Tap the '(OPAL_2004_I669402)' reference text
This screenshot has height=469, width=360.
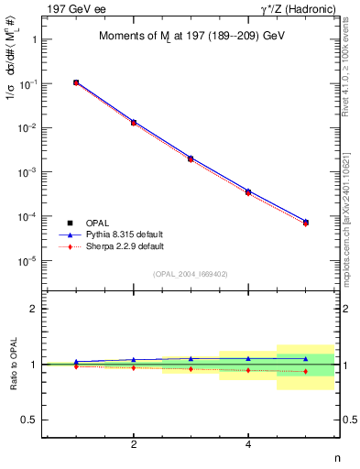click(191, 273)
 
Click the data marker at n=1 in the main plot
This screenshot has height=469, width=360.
click(76, 82)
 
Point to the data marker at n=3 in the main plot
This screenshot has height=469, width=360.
click(191, 158)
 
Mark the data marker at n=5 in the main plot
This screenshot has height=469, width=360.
click(305, 223)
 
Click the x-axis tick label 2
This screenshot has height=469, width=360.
click(134, 444)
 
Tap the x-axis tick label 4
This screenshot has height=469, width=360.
click(248, 444)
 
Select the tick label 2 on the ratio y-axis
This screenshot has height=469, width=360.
click(33, 309)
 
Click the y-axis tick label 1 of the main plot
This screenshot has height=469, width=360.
click(33, 40)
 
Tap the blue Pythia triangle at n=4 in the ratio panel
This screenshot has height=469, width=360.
click(248, 359)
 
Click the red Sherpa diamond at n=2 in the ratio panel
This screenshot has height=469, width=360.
click(134, 367)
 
